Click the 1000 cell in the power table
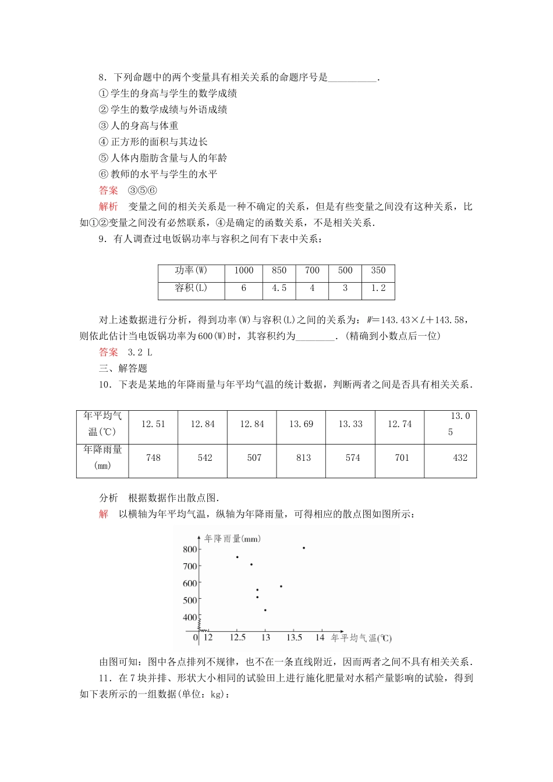[x=244, y=271]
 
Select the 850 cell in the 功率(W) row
[x=279, y=271]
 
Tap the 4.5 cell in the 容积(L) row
[x=279, y=288]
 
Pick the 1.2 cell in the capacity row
[x=378, y=288]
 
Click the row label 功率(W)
[x=191, y=271]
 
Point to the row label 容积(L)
[x=191, y=288]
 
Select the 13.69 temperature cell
[x=301, y=424]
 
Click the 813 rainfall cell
[x=303, y=458]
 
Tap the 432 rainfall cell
[x=460, y=458]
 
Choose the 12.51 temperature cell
[x=153, y=424]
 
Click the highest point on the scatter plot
[x=304, y=548]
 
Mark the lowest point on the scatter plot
[x=265, y=610]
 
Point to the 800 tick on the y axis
[x=190, y=549]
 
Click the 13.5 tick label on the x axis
[x=294, y=638]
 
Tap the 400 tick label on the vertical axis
[x=190, y=617]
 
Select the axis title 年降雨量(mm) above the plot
[x=232, y=539]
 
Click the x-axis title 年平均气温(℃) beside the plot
[x=361, y=638]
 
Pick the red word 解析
[x=108, y=207]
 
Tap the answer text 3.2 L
[x=140, y=352]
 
